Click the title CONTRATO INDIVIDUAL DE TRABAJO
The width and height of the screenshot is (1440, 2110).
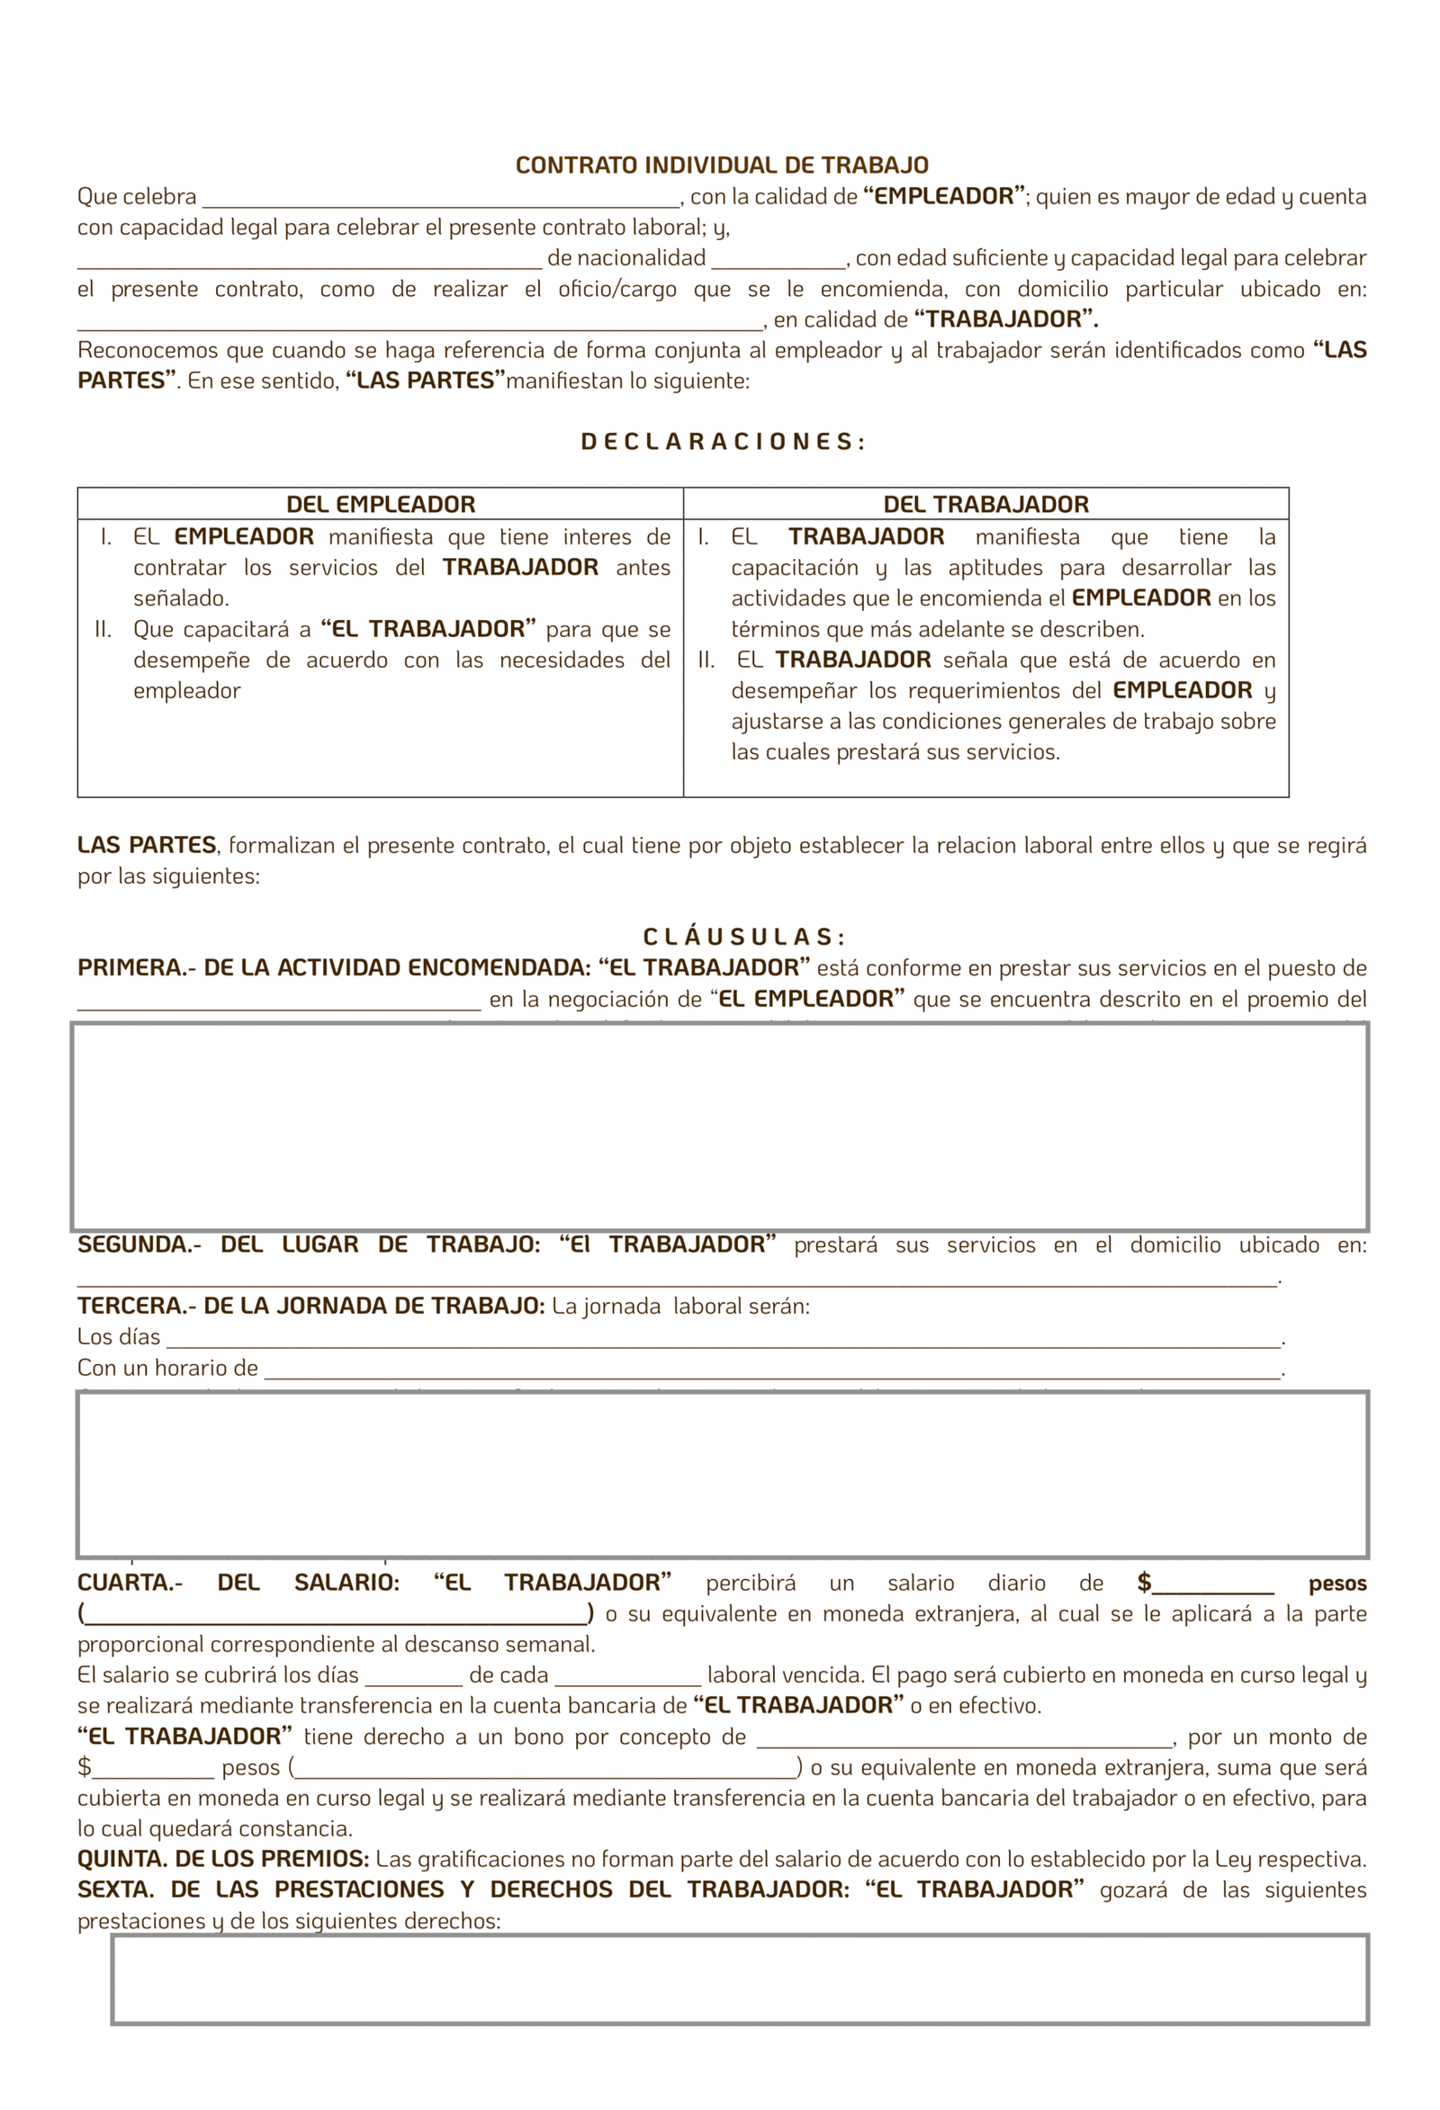722,166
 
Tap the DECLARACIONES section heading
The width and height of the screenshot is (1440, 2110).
722,442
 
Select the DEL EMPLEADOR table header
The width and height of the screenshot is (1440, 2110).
381,505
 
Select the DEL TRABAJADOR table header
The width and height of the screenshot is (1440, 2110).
985,505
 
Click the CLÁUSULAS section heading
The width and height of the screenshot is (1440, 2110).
743,937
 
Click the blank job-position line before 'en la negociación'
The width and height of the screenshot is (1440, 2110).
279,1002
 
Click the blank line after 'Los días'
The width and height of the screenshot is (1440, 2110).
723,1341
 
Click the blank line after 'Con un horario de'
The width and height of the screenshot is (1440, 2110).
772,1372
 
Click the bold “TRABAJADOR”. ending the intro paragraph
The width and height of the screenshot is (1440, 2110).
1005,319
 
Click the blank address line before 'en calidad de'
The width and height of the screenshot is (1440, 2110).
419,323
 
